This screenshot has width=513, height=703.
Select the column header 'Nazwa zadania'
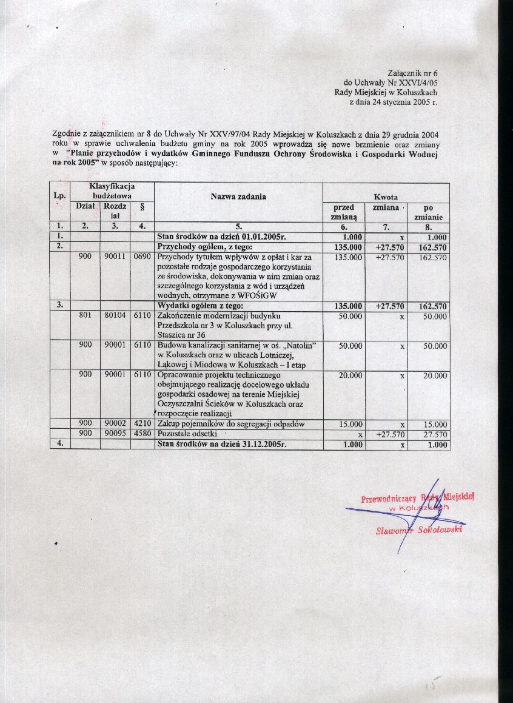click(x=238, y=197)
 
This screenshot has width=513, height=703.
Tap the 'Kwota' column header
click(x=386, y=197)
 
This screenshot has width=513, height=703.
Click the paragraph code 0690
click(x=142, y=257)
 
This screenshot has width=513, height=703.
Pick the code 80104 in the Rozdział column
click(x=115, y=316)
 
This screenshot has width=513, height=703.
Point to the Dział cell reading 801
click(x=85, y=316)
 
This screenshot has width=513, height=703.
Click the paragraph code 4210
click(x=142, y=424)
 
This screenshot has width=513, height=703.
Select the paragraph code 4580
click(x=142, y=434)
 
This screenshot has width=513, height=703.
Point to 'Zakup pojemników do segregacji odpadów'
click(x=230, y=424)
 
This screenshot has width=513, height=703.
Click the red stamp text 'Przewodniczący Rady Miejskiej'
click(x=417, y=499)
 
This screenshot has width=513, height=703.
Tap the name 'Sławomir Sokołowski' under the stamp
click(x=418, y=530)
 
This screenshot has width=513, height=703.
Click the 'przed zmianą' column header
click(x=344, y=212)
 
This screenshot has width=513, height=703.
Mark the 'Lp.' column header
click(x=59, y=197)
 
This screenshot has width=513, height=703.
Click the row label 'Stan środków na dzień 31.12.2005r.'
click(x=221, y=445)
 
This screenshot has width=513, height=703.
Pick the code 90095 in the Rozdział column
click(x=115, y=434)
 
